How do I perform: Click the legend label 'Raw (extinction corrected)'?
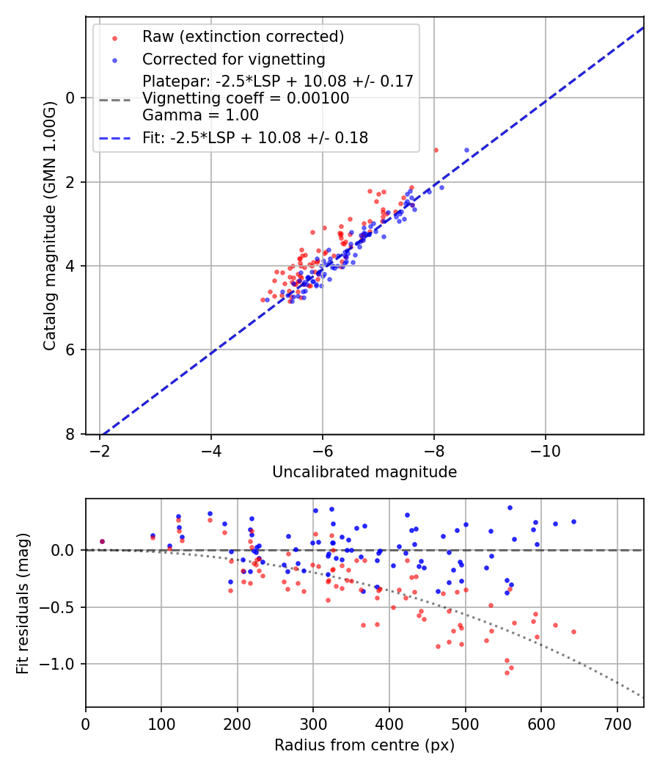tap(243, 37)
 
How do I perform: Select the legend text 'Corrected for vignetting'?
tap(233, 59)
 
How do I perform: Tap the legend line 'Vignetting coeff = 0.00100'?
tap(246, 98)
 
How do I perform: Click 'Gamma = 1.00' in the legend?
tap(200, 115)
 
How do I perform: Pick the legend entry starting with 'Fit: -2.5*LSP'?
tap(255, 137)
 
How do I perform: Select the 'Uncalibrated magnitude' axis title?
tap(364, 472)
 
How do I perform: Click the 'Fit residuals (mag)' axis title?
tap(23, 603)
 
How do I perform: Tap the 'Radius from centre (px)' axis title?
tap(364, 745)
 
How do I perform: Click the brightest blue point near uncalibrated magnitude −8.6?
tap(466, 150)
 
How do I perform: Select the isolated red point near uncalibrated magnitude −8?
tap(435, 150)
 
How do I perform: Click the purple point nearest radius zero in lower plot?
tap(102, 542)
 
